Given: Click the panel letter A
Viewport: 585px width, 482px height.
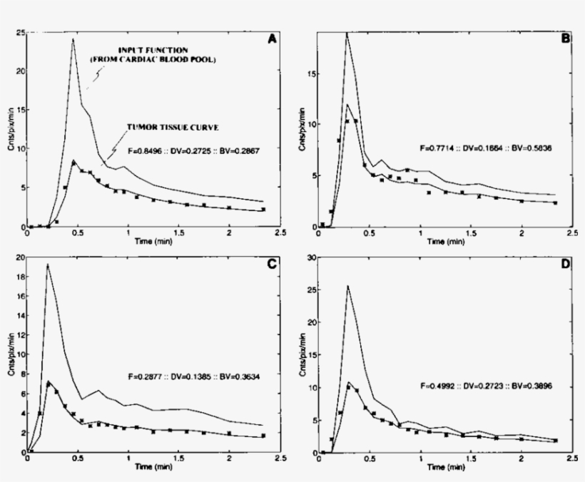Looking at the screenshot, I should [x=272, y=40].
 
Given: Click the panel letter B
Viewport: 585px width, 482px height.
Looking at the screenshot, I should [x=565, y=40].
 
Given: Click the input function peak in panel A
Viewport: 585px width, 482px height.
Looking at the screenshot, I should [x=73, y=39].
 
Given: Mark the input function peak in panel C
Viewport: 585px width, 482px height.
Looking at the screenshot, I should [x=47, y=265].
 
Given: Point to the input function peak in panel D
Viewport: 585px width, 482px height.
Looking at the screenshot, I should [x=347, y=286].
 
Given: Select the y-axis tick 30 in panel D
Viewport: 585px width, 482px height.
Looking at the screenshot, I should [x=312, y=257].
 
